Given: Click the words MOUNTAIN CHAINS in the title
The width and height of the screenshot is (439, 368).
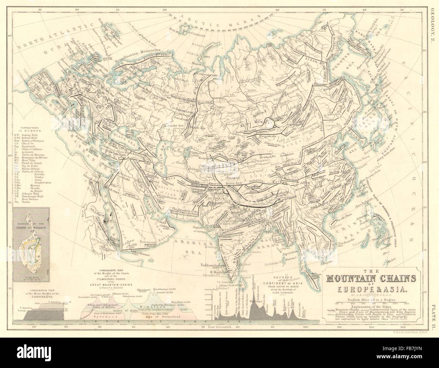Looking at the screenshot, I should (371, 278).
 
